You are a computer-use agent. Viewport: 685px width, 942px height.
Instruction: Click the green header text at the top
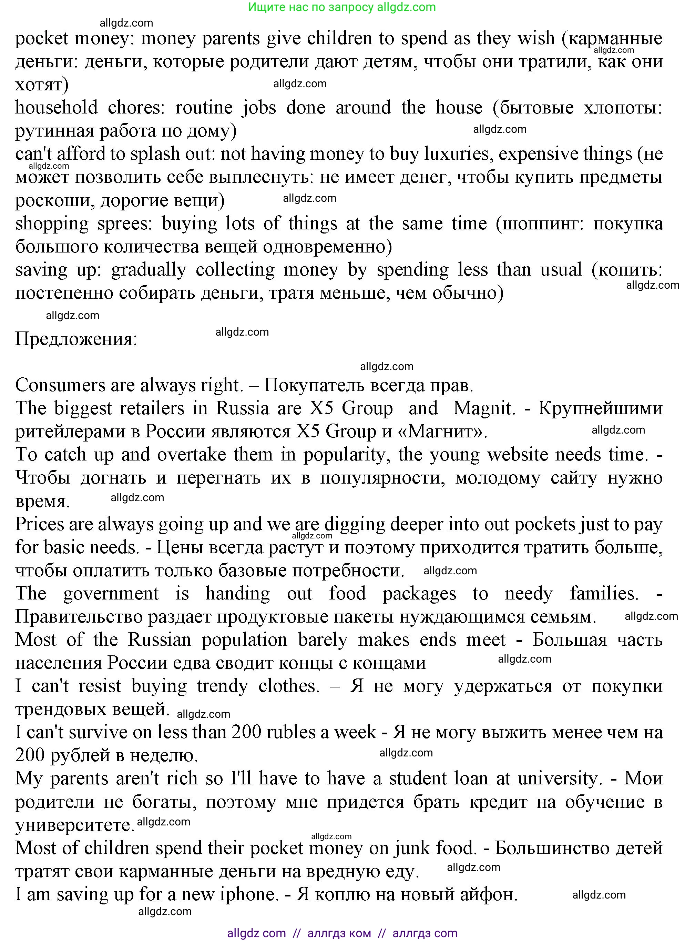pos(342,7)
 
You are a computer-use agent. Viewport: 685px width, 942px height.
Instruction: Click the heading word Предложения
pos(76,339)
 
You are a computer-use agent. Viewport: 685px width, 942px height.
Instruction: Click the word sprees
pos(125,224)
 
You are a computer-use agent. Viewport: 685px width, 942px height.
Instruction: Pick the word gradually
pos(149,270)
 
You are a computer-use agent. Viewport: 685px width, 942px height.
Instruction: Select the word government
pos(111,594)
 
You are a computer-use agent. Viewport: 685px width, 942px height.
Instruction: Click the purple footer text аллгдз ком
pos(339,933)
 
